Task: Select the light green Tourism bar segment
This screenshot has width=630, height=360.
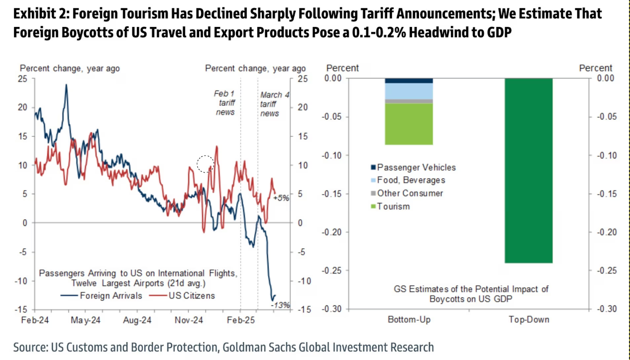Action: pyautogui.click(x=409, y=124)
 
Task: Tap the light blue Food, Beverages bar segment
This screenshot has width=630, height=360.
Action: pyautogui.click(x=409, y=90)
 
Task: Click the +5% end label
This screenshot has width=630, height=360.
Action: pyautogui.click(x=281, y=197)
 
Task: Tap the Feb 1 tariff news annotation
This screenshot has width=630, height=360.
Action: pyautogui.click(x=225, y=103)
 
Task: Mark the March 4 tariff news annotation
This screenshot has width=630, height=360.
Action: pyautogui.click(x=270, y=104)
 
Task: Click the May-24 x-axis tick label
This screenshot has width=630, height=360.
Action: pyautogui.click(x=86, y=320)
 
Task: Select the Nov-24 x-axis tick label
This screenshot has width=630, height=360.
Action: pyautogui.click(x=189, y=320)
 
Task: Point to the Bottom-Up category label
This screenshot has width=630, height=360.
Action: pyautogui.click(x=409, y=319)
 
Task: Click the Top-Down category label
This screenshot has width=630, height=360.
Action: pyautogui.click(x=528, y=319)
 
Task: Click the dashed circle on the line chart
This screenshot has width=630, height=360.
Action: pyautogui.click(x=205, y=164)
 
